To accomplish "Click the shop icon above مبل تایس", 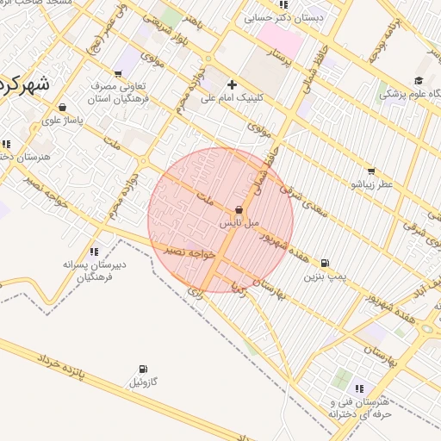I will [x=239, y=210].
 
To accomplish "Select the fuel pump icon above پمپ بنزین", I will [x=324, y=264].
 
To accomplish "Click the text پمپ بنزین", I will [x=324, y=277].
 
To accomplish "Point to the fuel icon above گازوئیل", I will [x=142, y=370].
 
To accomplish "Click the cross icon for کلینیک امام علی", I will [x=233, y=84].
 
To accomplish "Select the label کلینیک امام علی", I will [x=233, y=98].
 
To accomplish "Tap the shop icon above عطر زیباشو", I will [x=371, y=171].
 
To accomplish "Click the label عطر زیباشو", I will [x=371, y=184].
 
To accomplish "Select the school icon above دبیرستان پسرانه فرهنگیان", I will [x=94, y=252].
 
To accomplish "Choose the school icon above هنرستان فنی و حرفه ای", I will [x=359, y=389].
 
